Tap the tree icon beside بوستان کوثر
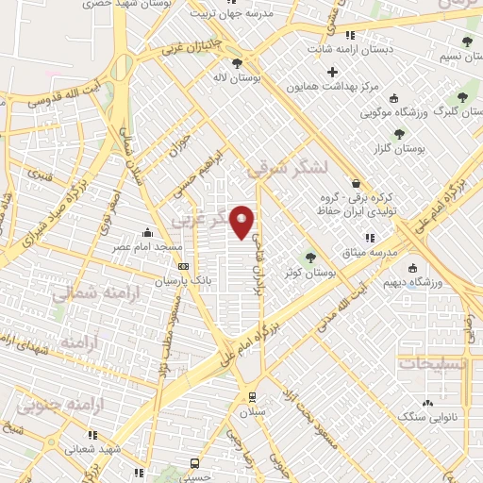(x=310, y=257)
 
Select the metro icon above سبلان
(x=251, y=396)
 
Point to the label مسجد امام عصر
(x=149, y=246)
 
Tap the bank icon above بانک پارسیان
(x=183, y=266)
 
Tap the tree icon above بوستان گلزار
(x=399, y=134)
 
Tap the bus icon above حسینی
(x=194, y=463)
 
